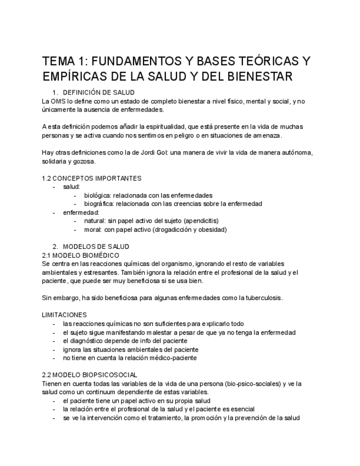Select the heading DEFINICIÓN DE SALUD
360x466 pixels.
pyautogui.click(x=99, y=92)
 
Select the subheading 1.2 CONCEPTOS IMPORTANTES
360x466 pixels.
pyautogui.click(x=92, y=178)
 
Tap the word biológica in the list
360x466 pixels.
pyautogui.click(x=97, y=195)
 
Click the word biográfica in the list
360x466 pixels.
pyautogui.click(x=98, y=204)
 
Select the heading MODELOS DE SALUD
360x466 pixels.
pyautogui.click(x=96, y=247)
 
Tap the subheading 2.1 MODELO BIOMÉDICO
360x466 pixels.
pyautogui.click(x=80, y=255)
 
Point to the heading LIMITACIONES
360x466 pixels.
pyautogui.click(x=64, y=315)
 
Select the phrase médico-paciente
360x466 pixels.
pyautogui.click(x=171, y=358)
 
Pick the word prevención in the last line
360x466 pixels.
pyautogui.click(x=244, y=418)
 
